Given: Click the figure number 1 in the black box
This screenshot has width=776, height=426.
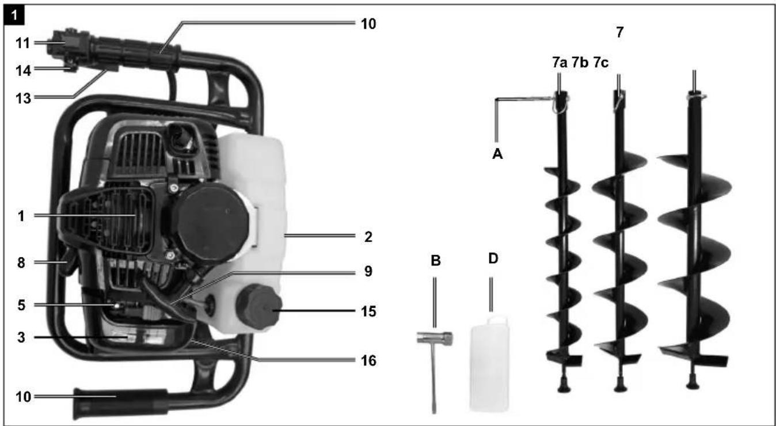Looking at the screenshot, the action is pos(14,16).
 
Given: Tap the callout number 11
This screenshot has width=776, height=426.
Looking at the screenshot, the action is pos(23,43).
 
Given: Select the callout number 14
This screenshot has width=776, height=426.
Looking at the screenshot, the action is pos(23,71).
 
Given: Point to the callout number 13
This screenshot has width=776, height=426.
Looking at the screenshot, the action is pos(23,98).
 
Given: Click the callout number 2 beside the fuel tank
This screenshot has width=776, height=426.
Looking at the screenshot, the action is pos(368,237).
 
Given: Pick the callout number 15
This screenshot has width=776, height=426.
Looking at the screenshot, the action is pos(368,311).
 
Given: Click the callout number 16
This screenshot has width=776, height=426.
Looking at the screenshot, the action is pos(368,360).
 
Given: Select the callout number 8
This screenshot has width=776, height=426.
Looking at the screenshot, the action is pos(21,263).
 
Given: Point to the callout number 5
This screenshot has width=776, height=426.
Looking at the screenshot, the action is pos(21,305).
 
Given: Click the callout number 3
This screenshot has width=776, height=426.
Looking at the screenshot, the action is pos(21,337).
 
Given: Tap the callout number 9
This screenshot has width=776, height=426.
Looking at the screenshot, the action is pos(368,271).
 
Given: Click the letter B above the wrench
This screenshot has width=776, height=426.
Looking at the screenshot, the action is pos(435,260).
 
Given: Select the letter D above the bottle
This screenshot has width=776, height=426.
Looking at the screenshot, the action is pos(493,258).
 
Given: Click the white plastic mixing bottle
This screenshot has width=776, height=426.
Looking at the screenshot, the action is pos(489,364).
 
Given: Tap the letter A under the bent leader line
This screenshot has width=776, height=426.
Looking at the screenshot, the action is pos(497,154).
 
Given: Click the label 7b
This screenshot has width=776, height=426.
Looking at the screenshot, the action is pos(580,63).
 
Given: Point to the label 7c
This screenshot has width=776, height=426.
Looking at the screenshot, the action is pos(600,63).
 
